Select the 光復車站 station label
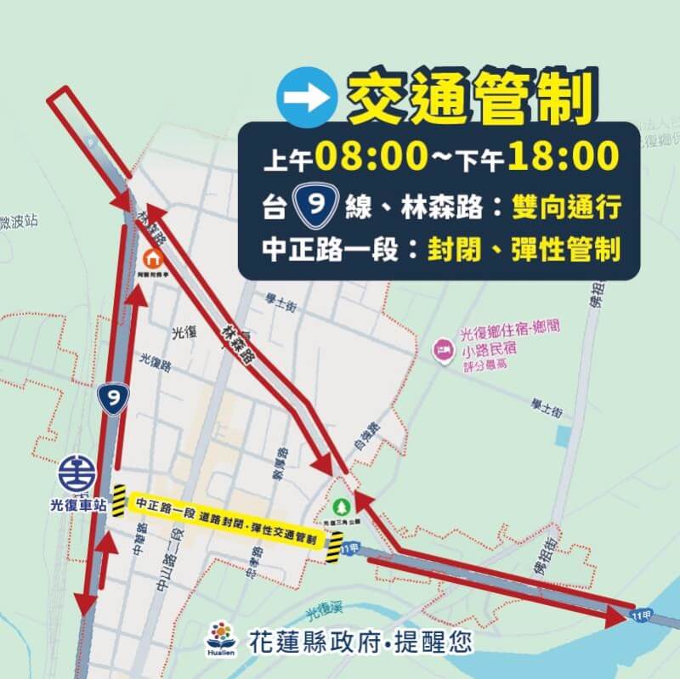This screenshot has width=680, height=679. (77, 505)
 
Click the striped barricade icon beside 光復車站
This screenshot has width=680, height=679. (119, 498)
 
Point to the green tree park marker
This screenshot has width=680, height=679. (342, 504)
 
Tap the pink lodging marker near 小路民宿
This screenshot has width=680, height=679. (442, 349)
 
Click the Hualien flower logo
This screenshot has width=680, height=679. (223, 638)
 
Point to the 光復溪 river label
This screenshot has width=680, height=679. (324, 610)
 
